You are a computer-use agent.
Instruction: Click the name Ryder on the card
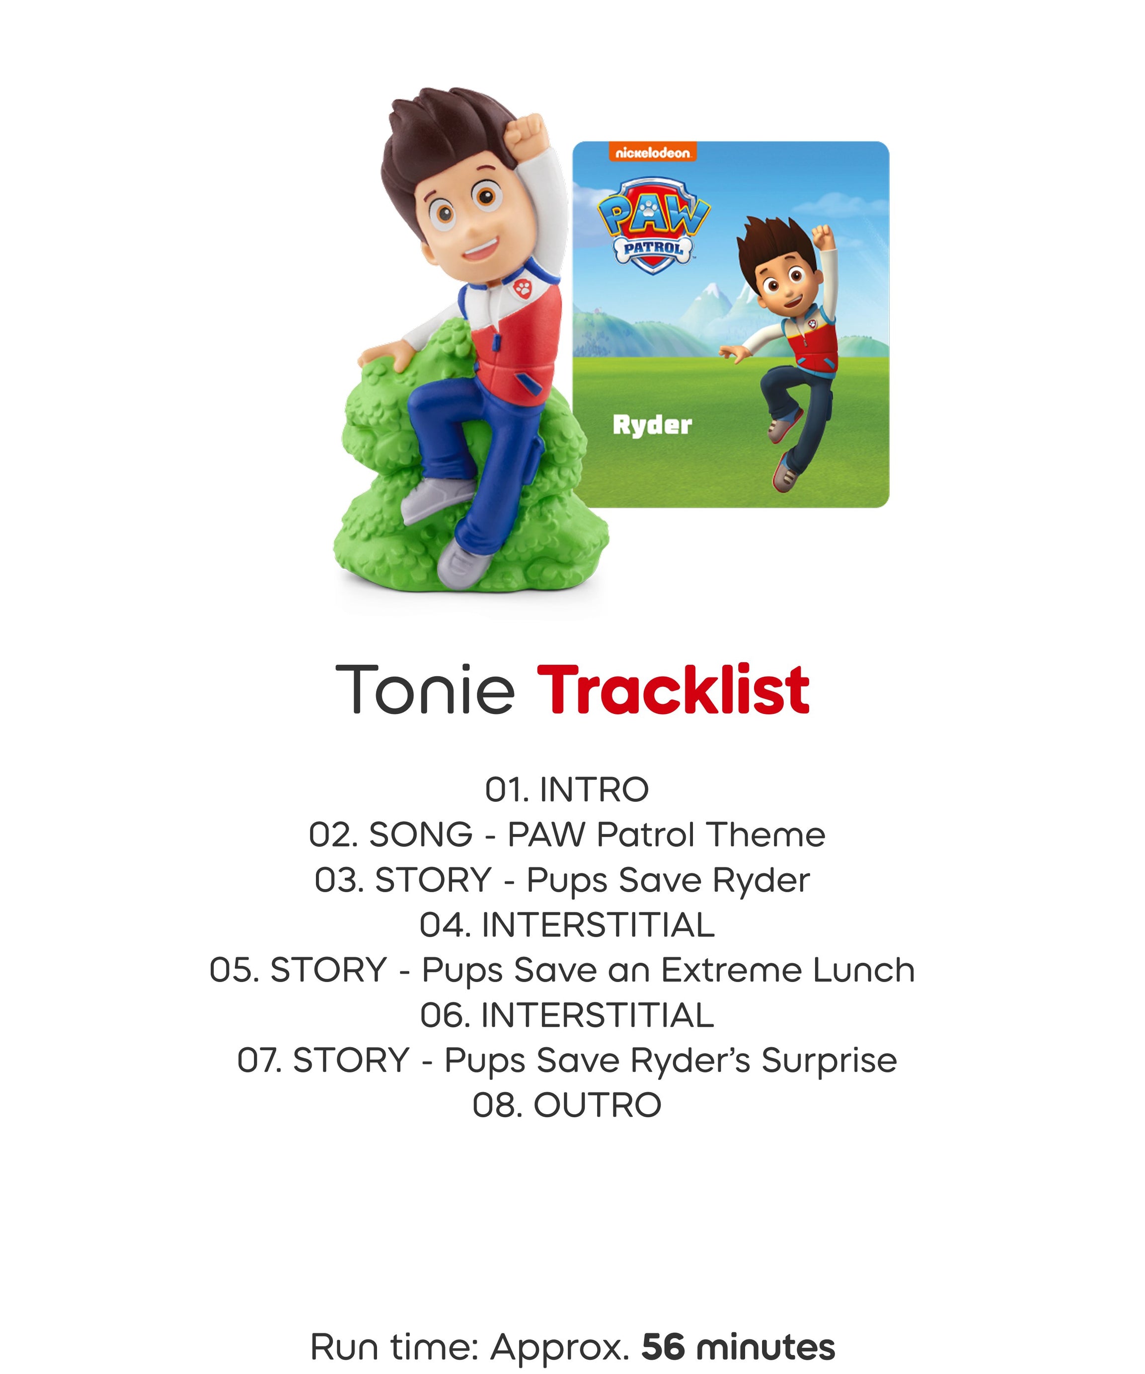tap(652, 425)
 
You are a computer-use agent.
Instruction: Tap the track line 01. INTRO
tap(567, 790)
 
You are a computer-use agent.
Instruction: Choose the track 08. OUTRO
tap(567, 1105)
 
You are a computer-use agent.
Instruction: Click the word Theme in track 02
tap(765, 835)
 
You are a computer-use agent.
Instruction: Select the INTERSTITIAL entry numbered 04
tap(567, 925)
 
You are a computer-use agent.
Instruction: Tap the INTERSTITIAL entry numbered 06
tap(567, 1015)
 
